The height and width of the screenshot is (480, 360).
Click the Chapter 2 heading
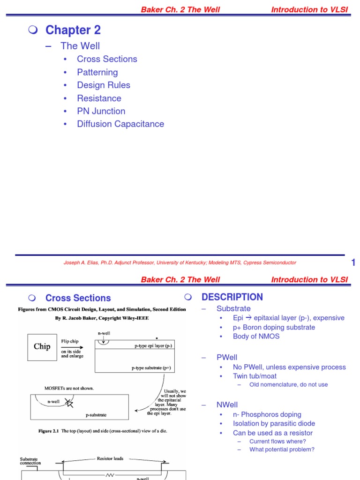click(x=73, y=30)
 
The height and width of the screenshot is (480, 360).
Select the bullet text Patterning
click(x=97, y=72)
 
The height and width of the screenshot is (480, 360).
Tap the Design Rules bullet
click(x=103, y=85)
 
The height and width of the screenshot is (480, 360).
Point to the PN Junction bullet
click(x=101, y=111)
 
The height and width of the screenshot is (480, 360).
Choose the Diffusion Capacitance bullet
click(x=120, y=124)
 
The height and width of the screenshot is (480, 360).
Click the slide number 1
click(x=353, y=263)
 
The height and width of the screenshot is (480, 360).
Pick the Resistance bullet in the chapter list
click(x=99, y=98)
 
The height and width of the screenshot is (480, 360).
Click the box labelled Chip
click(x=42, y=347)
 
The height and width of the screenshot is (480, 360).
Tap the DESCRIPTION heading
click(x=232, y=297)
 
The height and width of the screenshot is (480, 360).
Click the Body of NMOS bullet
click(x=256, y=336)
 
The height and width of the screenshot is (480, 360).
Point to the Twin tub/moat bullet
click(x=255, y=376)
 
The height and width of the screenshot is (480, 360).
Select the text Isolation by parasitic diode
click(x=267, y=424)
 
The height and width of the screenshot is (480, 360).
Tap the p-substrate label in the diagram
click(x=96, y=415)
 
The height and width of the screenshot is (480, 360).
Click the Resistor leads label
click(x=110, y=458)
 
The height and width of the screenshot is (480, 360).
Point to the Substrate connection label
click(x=30, y=461)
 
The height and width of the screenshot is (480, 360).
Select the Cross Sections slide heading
click(x=78, y=298)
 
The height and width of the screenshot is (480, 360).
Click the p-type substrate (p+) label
click(x=151, y=368)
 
